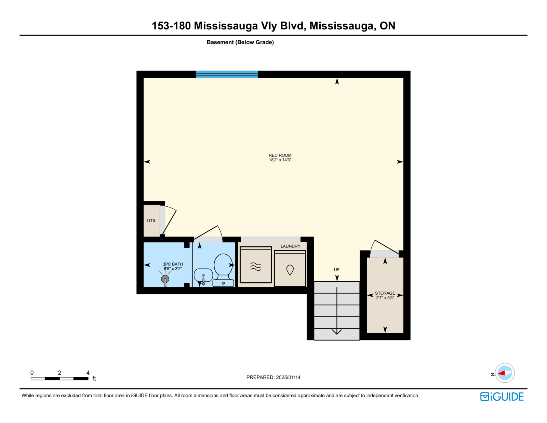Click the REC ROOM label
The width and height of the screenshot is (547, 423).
click(x=280, y=155)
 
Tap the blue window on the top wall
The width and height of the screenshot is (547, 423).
click(x=227, y=74)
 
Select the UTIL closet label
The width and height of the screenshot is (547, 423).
click(x=151, y=221)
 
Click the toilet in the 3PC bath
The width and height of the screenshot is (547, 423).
click(x=223, y=270)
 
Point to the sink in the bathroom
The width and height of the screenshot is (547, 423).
click(x=203, y=275)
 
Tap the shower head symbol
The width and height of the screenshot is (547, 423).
click(x=165, y=279)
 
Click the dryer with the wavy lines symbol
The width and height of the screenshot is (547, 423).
click(x=256, y=265)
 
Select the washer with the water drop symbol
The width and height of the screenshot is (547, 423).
click(x=290, y=268)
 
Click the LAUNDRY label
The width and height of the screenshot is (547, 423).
click(x=291, y=246)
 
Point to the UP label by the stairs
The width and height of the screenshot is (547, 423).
click(x=336, y=270)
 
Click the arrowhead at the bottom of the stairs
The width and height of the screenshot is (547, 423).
click(x=337, y=332)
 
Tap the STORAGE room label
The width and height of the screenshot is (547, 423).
click(x=385, y=293)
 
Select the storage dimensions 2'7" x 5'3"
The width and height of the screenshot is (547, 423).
click(x=385, y=298)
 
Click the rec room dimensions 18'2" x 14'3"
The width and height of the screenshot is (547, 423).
click(x=280, y=160)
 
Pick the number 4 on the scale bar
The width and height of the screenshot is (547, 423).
click(x=88, y=373)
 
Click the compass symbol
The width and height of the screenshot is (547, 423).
click(x=505, y=373)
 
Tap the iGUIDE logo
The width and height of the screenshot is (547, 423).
click(x=502, y=397)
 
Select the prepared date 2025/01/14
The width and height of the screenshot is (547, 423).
click(x=288, y=377)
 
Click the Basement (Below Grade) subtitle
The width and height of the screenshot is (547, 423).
click(x=240, y=42)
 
